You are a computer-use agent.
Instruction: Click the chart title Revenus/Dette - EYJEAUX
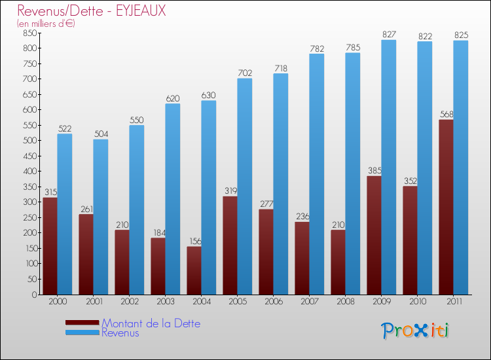92,11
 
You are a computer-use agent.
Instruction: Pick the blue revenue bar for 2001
101,217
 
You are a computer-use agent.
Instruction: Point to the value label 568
446,114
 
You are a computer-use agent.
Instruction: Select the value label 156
194,241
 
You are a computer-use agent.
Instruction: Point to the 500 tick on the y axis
29,141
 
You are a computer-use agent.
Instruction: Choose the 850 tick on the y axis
29,33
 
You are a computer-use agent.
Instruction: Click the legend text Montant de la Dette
151,323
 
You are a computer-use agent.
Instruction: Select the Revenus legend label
120,333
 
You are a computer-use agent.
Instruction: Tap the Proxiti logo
416,331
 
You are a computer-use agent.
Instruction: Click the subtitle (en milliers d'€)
46,24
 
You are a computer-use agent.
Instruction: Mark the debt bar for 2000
50,246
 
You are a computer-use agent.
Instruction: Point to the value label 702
245,73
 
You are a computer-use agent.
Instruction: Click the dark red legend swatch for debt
82,323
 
